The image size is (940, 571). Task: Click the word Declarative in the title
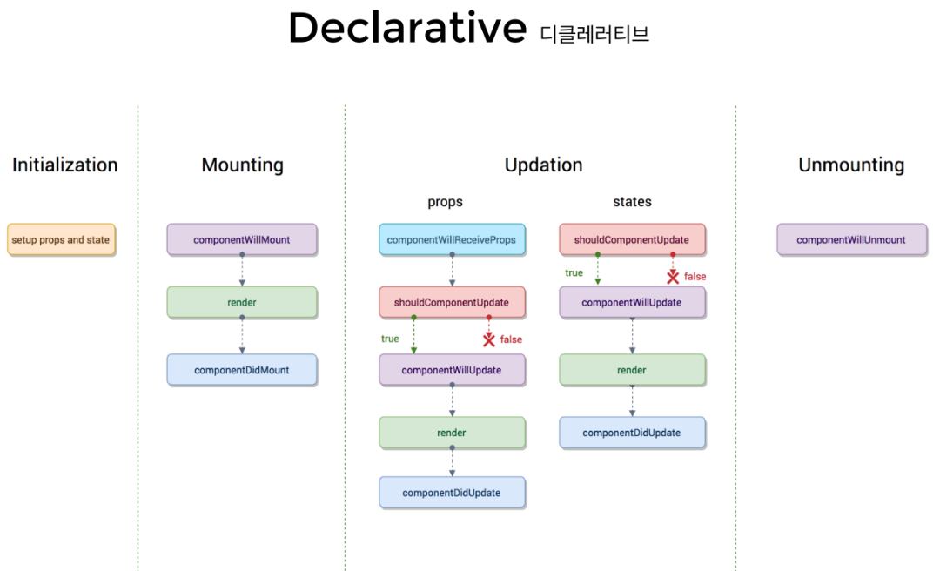[407, 29]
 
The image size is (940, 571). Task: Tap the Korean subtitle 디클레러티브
[594, 34]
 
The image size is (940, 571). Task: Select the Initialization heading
[64, 165]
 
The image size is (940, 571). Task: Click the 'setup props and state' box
[61, 239]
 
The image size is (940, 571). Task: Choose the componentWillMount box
[242, 239]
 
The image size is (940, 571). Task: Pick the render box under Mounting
[242, 303]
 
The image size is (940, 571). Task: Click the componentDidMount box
[242, 370]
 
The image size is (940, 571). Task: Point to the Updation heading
[543, 165]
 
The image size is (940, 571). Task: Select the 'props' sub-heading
[445, 202]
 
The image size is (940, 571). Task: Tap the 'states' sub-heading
[632, 202]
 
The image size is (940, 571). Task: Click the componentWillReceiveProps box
[452, 239]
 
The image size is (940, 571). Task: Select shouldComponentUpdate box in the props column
[452, 302]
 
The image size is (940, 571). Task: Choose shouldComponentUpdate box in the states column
[632, 239]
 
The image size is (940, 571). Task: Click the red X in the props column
[489, 339]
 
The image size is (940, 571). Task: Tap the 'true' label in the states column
[574, 273]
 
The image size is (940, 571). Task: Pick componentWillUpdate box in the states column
[632, 303]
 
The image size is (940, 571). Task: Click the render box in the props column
[452, 433]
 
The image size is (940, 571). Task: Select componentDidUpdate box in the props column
[452, 493]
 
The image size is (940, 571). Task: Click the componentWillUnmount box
[851, 239]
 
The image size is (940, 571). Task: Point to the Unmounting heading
[851, 165]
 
